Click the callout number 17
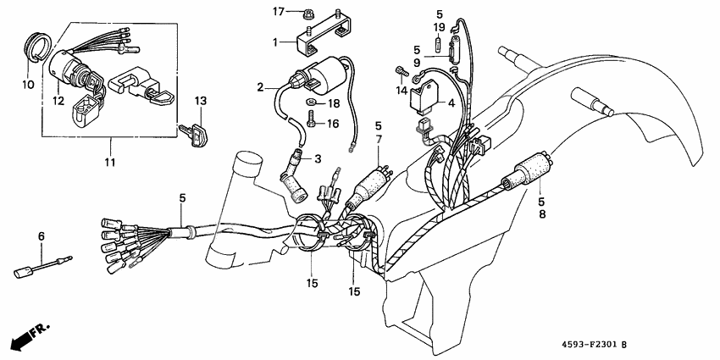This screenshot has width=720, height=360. click(x=277, y=11)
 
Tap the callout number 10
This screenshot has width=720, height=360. click(x=27, y=86)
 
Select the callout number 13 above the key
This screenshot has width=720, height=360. click(x=200, y=102)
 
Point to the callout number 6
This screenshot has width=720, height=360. click(x=40, y=235)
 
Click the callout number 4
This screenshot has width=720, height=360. click(x=452, y=104)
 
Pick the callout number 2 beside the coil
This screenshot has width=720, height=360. click(x=262, y=86)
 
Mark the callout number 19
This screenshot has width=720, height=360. click(x=440, y=28)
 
